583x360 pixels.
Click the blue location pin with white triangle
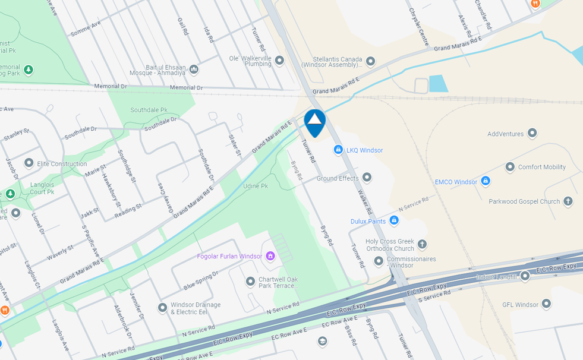click(x=314, y=122)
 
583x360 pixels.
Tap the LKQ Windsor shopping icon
click(x=338, y=150)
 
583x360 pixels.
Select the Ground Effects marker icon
click(x=367, y=177)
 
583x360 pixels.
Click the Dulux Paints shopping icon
click(x=393, y=220)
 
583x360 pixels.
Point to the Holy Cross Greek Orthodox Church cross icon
click(x=422, y=244)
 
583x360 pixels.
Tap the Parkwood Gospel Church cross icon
click(x=568, y=201)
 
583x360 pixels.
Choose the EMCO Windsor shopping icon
click(x=486, y=181)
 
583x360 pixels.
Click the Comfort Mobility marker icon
click(x=510, y=167)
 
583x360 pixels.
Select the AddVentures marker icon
click(x=532, y=133)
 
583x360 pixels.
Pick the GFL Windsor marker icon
click(x=546, y=304)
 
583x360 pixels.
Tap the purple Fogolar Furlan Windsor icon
click(x=270, y=256)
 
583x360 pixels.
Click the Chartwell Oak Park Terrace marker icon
click(x=251, y=281)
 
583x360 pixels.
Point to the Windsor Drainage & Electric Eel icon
click(x=162, y=308)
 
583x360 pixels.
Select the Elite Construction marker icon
click(x=29, y=163)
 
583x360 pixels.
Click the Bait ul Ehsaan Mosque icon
click(x=194, y=70)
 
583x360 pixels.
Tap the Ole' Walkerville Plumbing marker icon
click(x=279, y=61)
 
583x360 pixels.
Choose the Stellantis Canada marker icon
click(x=371, y=61)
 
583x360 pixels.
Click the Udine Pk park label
click(x=256, y=186)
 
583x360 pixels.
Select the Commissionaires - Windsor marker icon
click(x=379, y=261)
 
